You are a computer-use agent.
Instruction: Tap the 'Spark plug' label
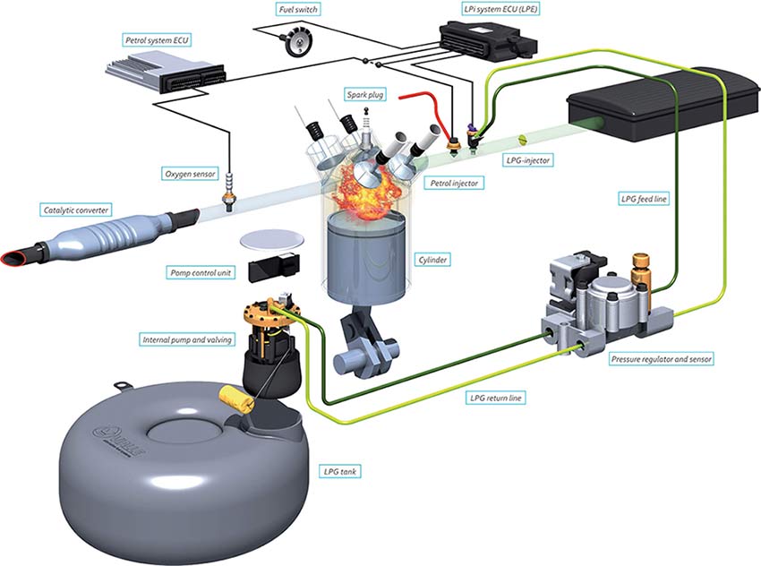[367, 93]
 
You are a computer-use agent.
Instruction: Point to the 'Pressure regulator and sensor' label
[662, 358]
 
